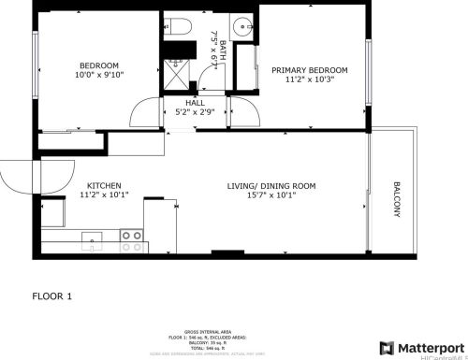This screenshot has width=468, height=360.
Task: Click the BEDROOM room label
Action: [x=98, y=65]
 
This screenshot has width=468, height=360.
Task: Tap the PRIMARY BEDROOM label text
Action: [x=309, y=70]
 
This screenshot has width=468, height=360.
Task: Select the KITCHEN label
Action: [x=103, y=186]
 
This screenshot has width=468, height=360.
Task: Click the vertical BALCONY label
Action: [x=397, y=199]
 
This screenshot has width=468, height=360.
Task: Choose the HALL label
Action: [x=195, y=103]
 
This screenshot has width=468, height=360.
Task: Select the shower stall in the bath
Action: [x=174, y=69]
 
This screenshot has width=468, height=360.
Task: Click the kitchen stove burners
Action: [x=132, y=241]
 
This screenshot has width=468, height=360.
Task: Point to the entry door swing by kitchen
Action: [x=37, y=176]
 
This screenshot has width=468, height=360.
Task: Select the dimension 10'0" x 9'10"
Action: [x=98, y=76]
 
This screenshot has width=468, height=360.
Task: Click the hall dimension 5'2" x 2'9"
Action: [x=195, y=112]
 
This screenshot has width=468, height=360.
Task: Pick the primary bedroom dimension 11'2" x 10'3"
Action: [x=309, y=80]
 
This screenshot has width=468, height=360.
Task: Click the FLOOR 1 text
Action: [x=51, y=295]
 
